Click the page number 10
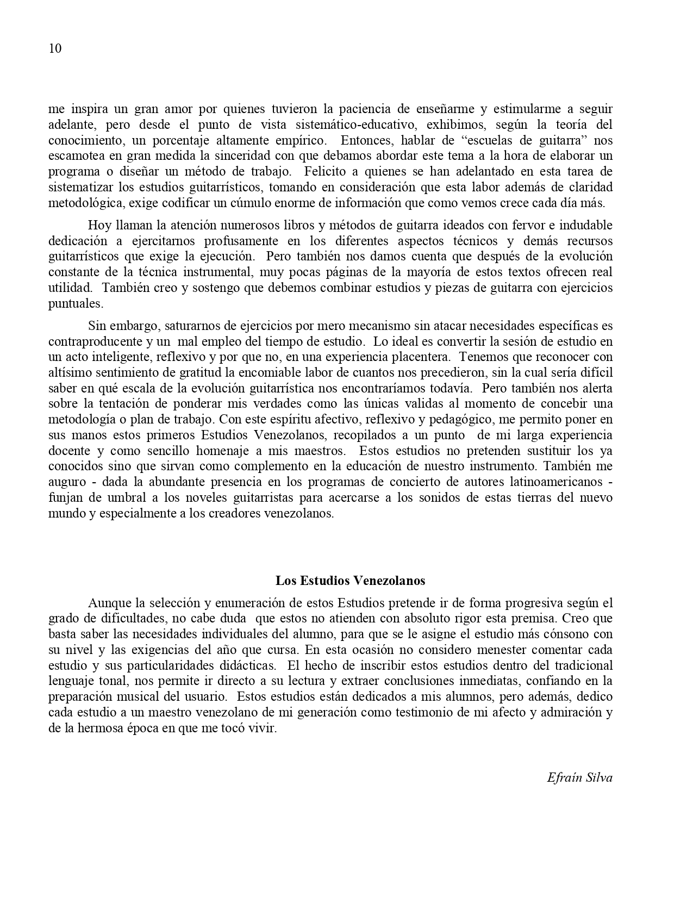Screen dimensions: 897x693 click(x=55, y=48)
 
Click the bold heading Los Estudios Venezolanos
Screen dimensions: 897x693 click(x=350, y=580)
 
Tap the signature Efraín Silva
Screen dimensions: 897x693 click(x=579, y=777)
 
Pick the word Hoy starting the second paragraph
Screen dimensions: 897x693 click(x=99, y=225)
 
